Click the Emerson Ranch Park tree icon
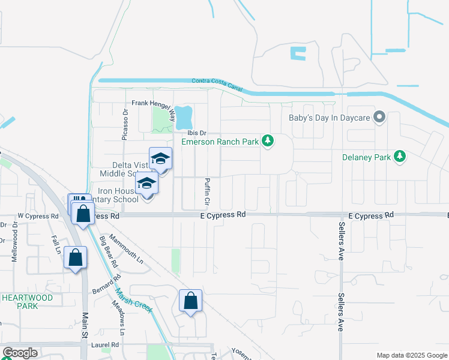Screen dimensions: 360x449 pyautogui.click(x=268, y=142)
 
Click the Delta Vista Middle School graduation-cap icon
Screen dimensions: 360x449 pyautogui.click(x=160, y=159)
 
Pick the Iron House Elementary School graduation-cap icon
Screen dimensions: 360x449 pyautogui.click(x=146, y=184)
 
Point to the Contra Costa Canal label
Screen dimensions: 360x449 pyautogui.click(x=217, y=84)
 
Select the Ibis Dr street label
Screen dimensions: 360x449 pyautogui.click(x=196, y=133)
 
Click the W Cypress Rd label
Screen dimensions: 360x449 pyautogui.click(x=38, y=216)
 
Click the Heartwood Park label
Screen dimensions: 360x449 pyautogui.click(x=27, y=301)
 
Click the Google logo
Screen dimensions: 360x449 pyautogui.click(x=20, y=353)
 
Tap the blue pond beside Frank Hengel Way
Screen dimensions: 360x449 pyautogui.click(x=184, y=118)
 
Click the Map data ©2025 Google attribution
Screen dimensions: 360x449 pyautogui.click(x=411, y=355)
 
